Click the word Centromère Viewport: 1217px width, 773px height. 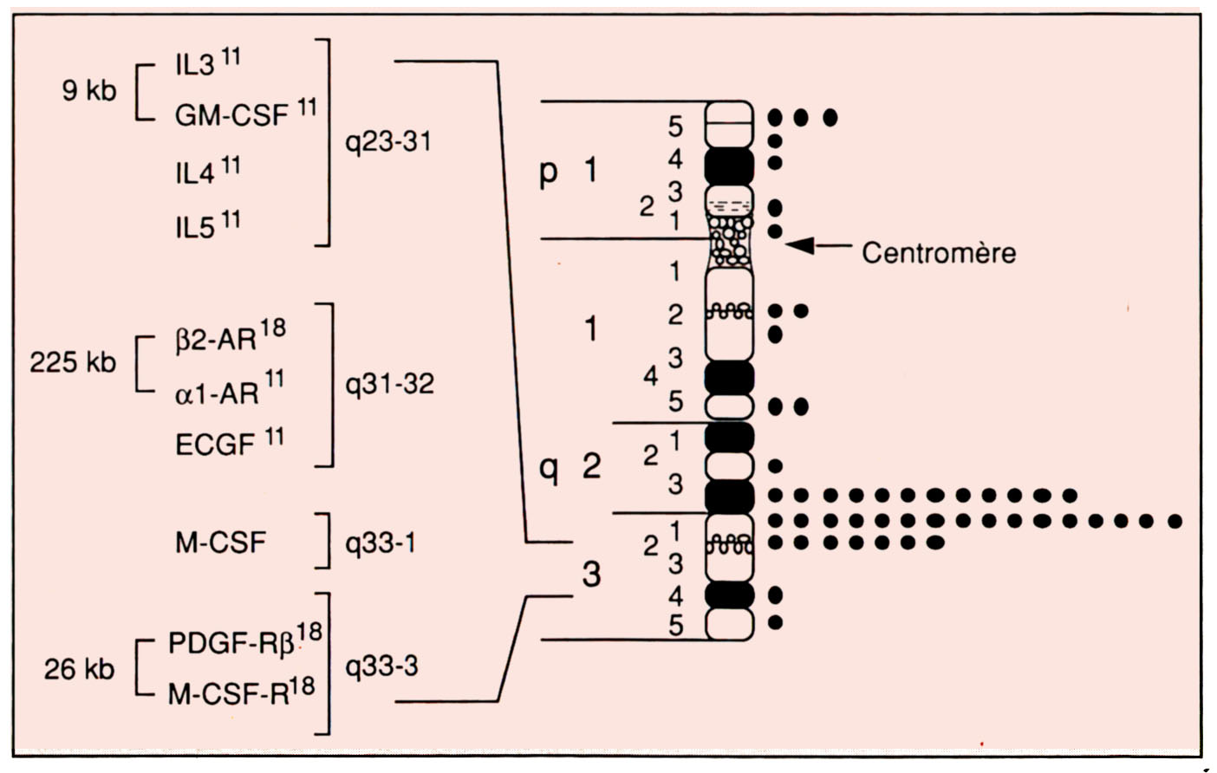coord(938,253)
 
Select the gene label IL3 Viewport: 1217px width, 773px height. coord(194,66)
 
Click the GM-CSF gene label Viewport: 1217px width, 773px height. coord(231,115)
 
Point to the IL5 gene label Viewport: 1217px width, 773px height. coord(194,228)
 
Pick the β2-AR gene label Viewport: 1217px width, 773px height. coord(217,340)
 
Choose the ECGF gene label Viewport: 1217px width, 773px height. coord(215,445)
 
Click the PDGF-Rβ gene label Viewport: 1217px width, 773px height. coord(231,644)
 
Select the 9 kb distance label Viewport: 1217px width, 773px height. coord(88,90)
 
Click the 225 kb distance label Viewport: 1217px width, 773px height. coord(73,362)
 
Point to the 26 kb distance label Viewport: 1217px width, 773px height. coord(79,669)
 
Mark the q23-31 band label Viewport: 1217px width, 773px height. coord(388,141)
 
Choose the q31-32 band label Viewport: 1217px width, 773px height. coord(389,384)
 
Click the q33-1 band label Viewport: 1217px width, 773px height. coord(380,543)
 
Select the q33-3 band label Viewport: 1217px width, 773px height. coord(381,666)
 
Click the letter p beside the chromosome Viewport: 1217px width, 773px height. coord(548,172)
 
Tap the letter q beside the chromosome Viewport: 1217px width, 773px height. coord(548,469)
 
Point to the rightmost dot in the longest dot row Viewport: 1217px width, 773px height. coord(1175,521)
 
